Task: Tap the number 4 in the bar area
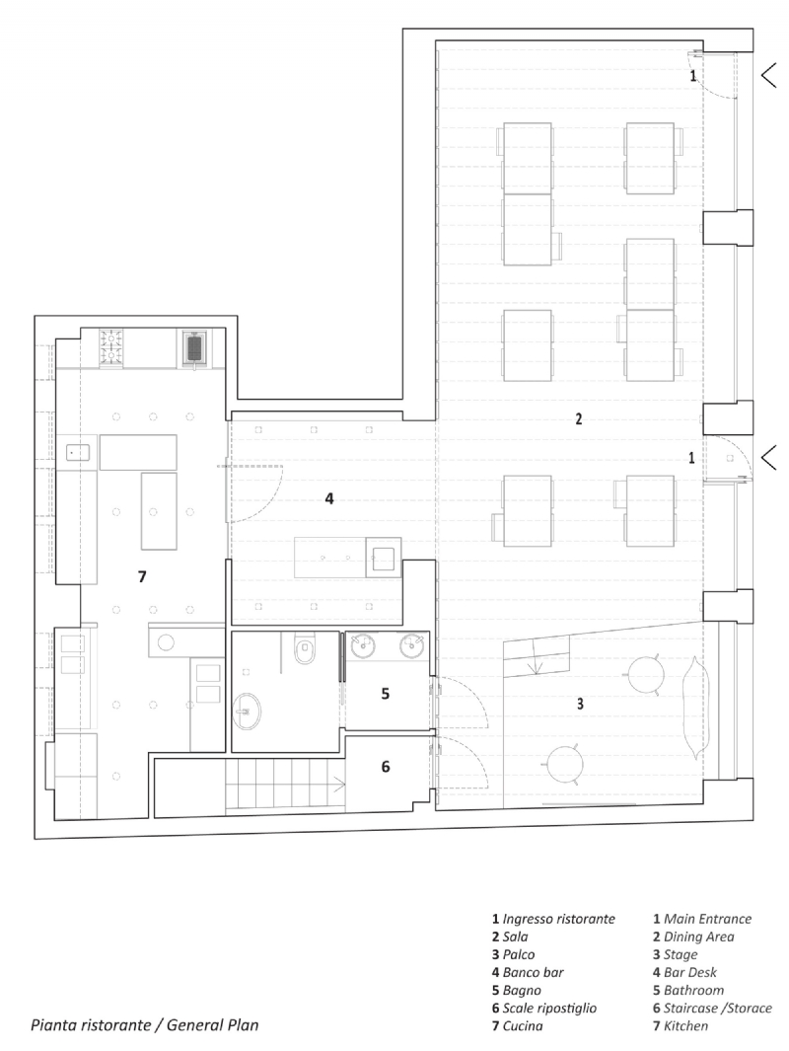[329, 499]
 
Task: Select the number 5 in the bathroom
[386, 694]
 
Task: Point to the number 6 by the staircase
[386, 766]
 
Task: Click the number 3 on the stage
[580, 704]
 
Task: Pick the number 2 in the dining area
[579, 418]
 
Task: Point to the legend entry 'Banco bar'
[533, 972]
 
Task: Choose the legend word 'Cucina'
[524, 1026]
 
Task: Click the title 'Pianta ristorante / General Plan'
[144, 1024]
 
